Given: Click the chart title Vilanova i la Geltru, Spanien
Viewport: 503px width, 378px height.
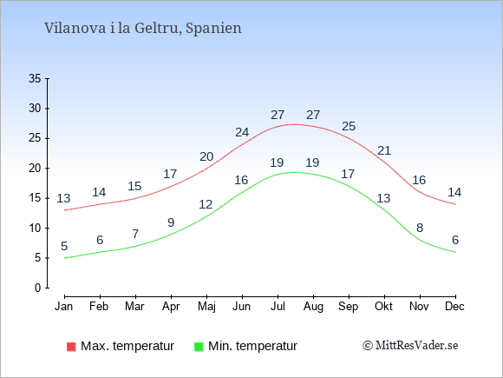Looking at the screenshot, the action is [x=143, y=28].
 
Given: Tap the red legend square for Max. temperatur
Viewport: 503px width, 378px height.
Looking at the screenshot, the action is [x=71, y=347].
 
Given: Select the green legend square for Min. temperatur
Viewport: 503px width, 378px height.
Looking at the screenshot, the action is [x=199, y=347].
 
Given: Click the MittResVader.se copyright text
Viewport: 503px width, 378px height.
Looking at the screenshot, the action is [x=410, y=346].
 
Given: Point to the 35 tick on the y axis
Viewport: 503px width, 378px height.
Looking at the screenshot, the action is [x=35, y=78].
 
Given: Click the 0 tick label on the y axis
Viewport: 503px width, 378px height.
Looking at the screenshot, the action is [x=38, y=288].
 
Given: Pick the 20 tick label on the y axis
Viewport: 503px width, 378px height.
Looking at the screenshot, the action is [x=35, y=168].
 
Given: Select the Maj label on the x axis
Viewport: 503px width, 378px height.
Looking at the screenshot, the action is [x=206, y=307].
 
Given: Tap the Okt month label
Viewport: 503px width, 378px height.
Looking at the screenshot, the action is [x=383, y=307].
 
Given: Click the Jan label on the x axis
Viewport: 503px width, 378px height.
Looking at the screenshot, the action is [x=64, y=307].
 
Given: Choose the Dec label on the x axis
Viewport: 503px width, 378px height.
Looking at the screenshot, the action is [x=454, y=307].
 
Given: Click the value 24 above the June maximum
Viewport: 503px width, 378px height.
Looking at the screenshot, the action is [x=242, y=132].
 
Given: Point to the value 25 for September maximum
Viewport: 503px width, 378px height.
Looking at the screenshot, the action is [x=349, y=126].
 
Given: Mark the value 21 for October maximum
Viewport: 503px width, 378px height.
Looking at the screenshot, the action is [x=384, y=150].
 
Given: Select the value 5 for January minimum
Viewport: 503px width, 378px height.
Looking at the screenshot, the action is [x=64, y=246].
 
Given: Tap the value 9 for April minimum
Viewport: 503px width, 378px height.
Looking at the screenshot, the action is [x=171, y=222].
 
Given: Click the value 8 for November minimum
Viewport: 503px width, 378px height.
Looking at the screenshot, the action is [x=420, y=228].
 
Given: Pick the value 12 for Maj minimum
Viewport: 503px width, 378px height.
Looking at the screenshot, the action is [x=206, y=204].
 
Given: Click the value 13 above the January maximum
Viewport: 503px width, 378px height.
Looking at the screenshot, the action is [x=63, y=198].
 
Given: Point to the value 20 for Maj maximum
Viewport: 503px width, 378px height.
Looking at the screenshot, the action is [x=206, y=156].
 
